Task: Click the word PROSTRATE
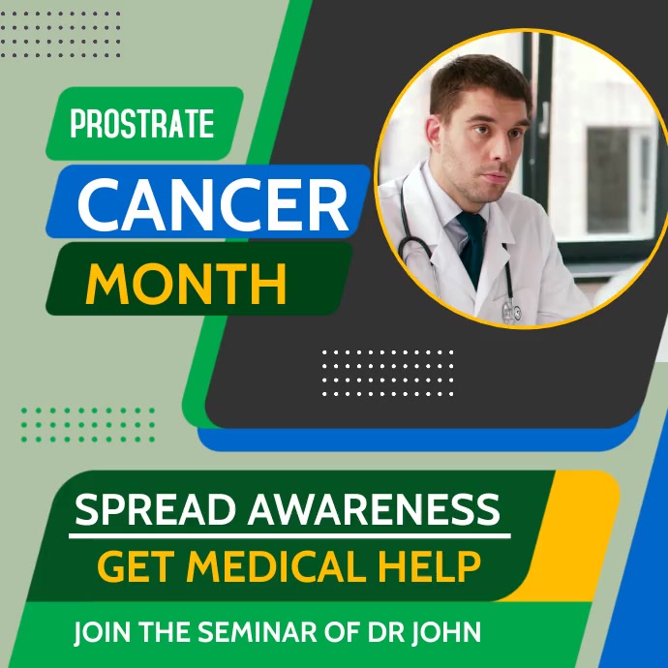141,125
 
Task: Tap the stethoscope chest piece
510,312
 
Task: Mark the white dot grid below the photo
387,373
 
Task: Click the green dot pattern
88,424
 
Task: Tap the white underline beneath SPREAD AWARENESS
290,534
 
